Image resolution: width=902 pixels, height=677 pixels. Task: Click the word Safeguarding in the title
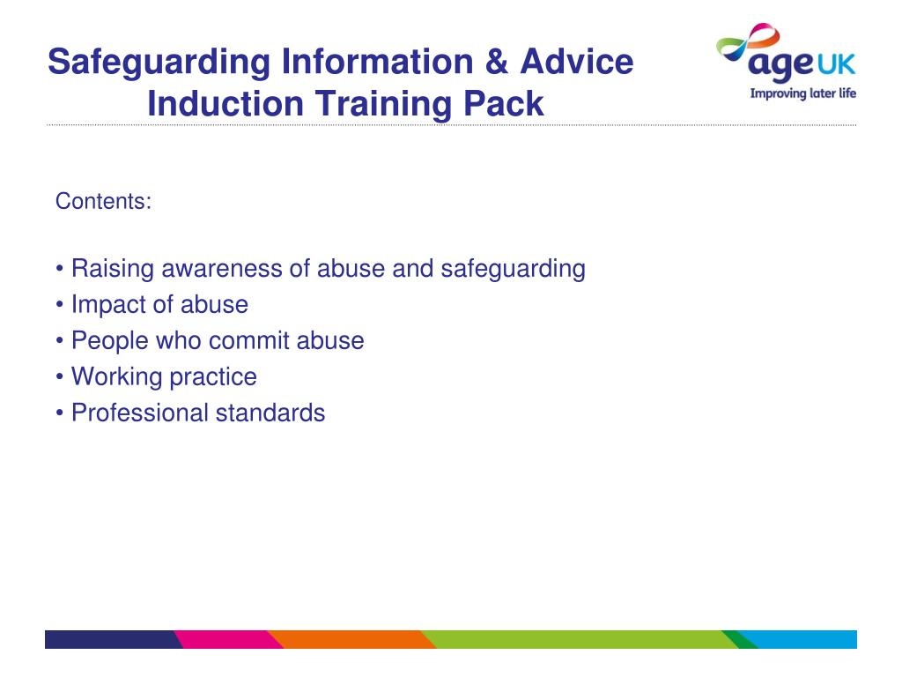[159, 63]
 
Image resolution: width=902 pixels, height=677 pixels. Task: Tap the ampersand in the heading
[497, 61]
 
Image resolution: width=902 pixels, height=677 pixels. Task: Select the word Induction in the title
[225, 104]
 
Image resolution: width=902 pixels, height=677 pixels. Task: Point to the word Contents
[103, 201]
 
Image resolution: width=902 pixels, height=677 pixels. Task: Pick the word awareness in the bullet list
[221, 269]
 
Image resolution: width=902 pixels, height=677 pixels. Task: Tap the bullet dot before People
[59, 341]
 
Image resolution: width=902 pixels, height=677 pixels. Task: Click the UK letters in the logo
[837, 64]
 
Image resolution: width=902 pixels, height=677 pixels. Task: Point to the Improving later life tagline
[803, 93]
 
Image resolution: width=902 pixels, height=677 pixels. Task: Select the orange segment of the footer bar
[351, 640]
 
